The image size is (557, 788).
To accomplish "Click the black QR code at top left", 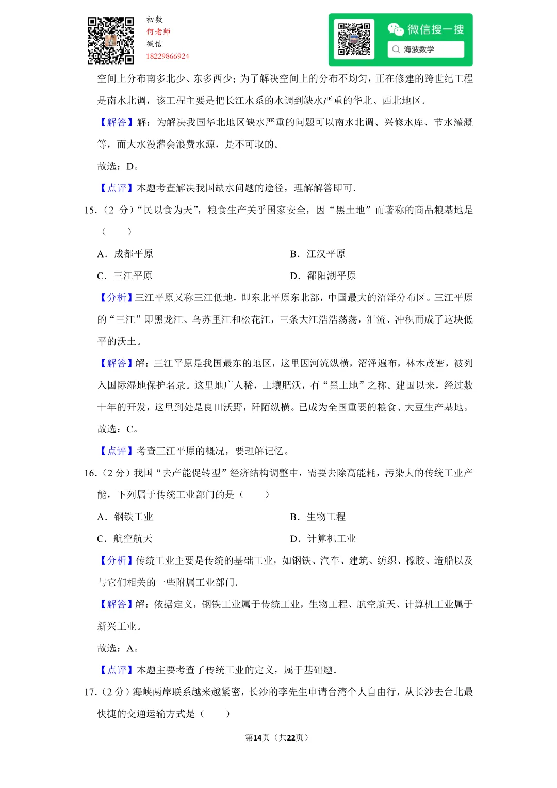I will (x=110, y=41).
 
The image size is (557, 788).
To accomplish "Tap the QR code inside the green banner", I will (x=354, y=39).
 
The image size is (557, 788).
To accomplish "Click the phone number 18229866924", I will (x=168, y=56).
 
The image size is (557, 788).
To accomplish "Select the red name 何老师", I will (x=158, y=31).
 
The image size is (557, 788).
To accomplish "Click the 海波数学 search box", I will (x=425, y=50).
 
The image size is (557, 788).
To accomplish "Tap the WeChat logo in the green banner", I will (x=396, y=29).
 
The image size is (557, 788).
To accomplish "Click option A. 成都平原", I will (x=125, y=254).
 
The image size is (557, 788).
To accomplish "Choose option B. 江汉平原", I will (x=318, y=254).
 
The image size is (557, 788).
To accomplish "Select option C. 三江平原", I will (x=125, y=276).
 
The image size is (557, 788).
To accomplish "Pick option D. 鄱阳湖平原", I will (x=323, y=276).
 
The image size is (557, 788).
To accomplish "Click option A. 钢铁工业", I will (x=125, y=517).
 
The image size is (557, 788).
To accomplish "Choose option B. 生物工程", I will (x=318, y=517).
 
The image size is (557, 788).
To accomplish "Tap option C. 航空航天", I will (x=125, y=539).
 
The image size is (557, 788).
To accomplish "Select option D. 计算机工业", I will (x=323, y=539).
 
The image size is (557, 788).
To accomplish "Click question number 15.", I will (x=90, y=210).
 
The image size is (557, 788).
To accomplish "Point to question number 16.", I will (x=90, y=473).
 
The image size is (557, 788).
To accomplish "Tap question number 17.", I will (x=90, y=692).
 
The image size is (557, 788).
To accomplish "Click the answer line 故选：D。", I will (x=118, y=166).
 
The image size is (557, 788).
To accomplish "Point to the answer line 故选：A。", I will (x=118, y=648).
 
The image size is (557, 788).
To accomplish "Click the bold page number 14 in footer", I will (x=257, y=737).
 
